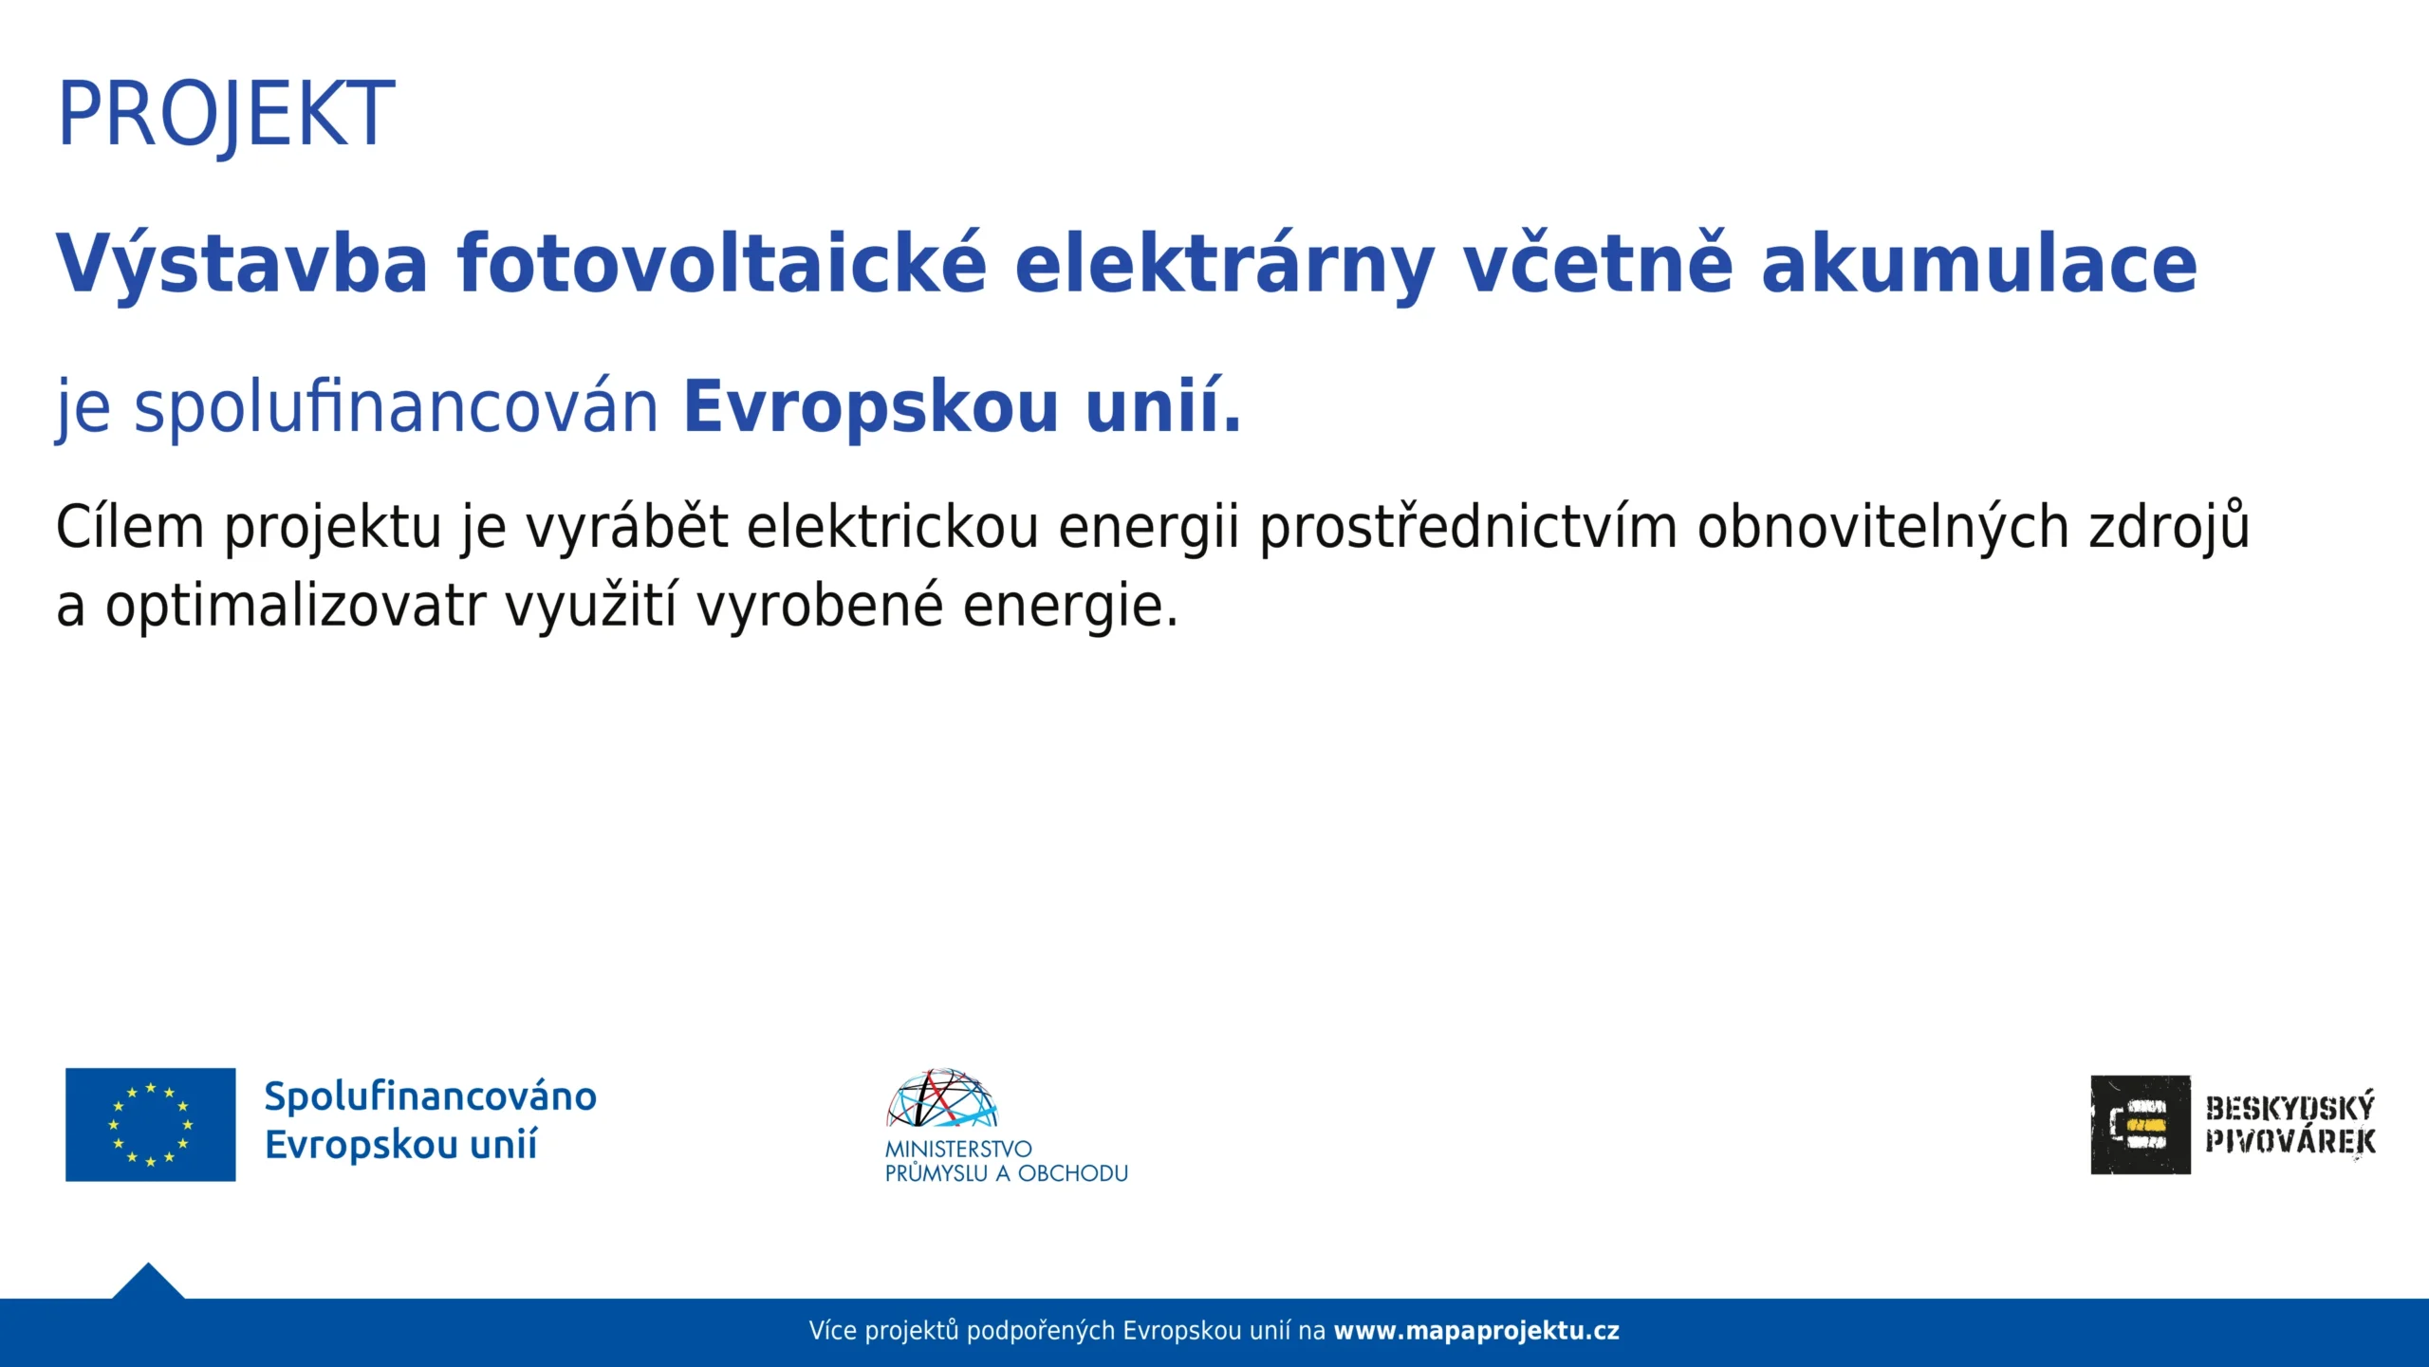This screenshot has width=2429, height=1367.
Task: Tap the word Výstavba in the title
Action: click(x=242, y=263)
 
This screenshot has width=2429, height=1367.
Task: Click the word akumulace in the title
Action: click(x=1978, y=263)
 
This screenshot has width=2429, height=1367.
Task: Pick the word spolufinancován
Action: click(x=396, y=407)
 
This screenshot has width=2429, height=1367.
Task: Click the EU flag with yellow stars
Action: click(x=150, y=1125)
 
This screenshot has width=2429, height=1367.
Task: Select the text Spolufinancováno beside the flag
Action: click(x=431, y=1096)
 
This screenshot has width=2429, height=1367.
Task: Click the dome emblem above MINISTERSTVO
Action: click(x=942, y=1098)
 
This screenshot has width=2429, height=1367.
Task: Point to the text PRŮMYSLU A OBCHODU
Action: click(x=1007, y=1173)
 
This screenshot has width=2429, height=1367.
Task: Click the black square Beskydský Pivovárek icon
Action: click(x=2141, y=1125)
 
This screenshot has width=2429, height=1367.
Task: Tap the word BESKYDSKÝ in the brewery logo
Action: click(x=2290, y=1107)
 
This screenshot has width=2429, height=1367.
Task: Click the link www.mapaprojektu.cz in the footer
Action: click(x=1476, y=1331)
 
